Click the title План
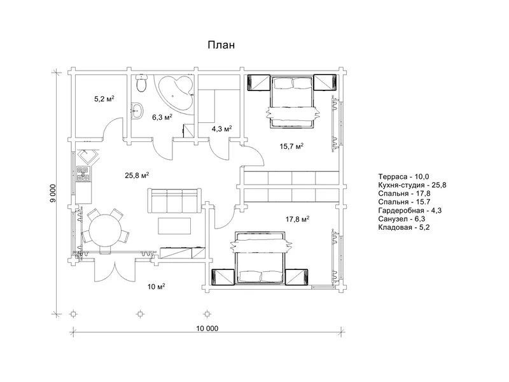[x=221, y=45]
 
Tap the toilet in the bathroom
[x=141, y=83]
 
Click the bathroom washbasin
[x=137, y=111]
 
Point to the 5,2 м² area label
[x=104, y=99]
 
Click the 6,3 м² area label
[x=162, y=117]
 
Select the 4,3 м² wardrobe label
[x=221, y=129]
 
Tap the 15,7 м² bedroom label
[x=291, y=146]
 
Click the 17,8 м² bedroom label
[x=297, y=220]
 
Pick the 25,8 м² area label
[x=137, y=176]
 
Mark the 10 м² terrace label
[x=157, y=286]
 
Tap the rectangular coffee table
[x=174, y=226]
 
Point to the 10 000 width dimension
[x=207, y=329]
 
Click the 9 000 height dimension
[x=53, y=194]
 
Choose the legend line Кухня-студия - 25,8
[x=412, y=185]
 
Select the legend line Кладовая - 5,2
[x=404, y=227]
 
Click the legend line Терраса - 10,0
[x=403, y=177]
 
